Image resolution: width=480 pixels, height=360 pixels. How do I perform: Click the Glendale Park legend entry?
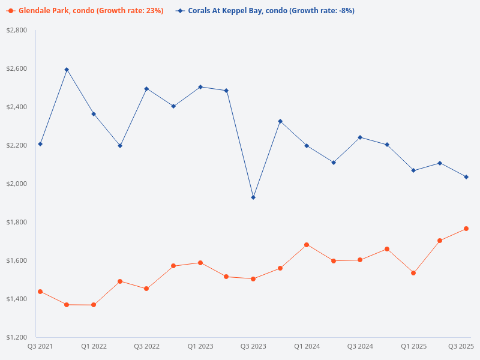[85, 11]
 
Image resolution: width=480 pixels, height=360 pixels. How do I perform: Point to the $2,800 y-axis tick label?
[16, 30]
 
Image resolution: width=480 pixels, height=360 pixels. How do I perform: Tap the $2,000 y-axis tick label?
[16, 184]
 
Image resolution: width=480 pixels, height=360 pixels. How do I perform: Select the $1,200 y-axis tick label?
[16, 337]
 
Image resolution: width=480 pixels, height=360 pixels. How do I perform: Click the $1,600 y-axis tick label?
[16, 260]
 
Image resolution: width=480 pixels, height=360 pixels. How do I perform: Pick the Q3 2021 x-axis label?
[40, 346]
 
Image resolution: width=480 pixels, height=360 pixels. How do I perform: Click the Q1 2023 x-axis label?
[200, 346]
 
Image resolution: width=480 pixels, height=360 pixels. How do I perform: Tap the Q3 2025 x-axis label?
[461, 346]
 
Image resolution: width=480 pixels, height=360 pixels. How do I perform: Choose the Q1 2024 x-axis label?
[307, 346]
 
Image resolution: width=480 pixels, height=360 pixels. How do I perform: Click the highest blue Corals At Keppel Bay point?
[67, 70]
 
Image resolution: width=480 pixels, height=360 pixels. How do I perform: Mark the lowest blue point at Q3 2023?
[253, 197]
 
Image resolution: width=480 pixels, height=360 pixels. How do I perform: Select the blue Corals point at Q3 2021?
[40, 144]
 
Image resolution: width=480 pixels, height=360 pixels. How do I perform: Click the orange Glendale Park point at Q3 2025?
[466, 229]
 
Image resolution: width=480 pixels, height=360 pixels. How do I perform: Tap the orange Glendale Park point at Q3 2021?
[40, 292]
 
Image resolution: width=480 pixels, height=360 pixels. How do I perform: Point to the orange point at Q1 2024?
[307, 245]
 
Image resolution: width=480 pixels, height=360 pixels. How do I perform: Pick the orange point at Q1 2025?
[413, 273]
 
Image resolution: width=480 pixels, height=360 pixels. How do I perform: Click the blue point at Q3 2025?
[466, 177]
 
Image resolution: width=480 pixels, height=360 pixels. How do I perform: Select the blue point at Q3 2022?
[146, 89]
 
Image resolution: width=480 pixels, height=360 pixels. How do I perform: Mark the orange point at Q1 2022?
[94, 305]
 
